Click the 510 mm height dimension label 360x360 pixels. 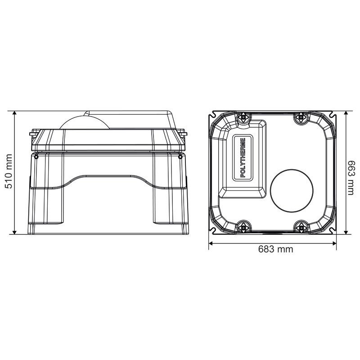9,171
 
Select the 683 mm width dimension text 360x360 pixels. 275,249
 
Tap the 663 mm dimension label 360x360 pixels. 351,178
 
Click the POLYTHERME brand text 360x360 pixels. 243,157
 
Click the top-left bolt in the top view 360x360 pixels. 243,117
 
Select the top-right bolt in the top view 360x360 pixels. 301,117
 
